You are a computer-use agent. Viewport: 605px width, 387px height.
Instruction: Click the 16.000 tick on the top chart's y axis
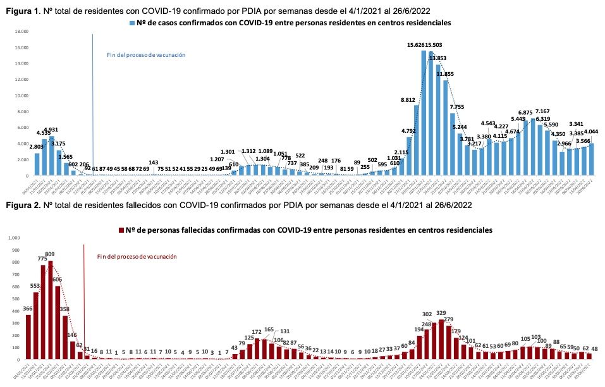(x=21, y=47)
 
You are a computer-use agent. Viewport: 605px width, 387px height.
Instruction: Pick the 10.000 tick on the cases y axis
(x=21, y=95)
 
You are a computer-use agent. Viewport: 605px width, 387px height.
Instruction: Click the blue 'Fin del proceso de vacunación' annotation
(x=146, y=55)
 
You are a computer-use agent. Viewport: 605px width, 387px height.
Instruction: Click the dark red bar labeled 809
(x=50, y=310)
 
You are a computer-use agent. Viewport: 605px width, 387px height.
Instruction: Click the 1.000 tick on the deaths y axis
(x=13, y=238)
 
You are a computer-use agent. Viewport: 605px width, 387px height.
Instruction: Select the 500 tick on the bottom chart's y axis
(x=15, y=298)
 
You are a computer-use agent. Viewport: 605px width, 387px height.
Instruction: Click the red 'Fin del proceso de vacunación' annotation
(x=137, y=257)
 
